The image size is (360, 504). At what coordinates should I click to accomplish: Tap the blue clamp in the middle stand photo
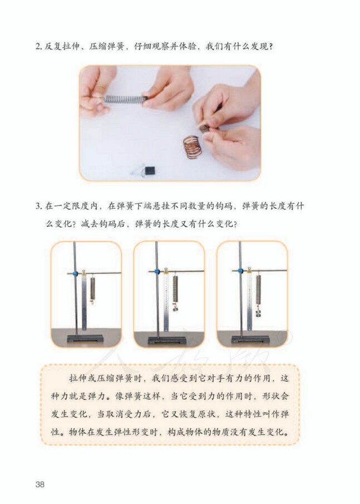pos(157,271)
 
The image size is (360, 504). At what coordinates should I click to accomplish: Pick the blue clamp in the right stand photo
pos(240,271)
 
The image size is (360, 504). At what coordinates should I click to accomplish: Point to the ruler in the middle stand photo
pos(165,304)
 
